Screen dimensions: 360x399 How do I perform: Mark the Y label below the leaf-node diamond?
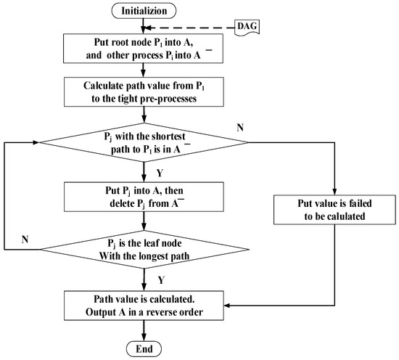click(x=158, y=279)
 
